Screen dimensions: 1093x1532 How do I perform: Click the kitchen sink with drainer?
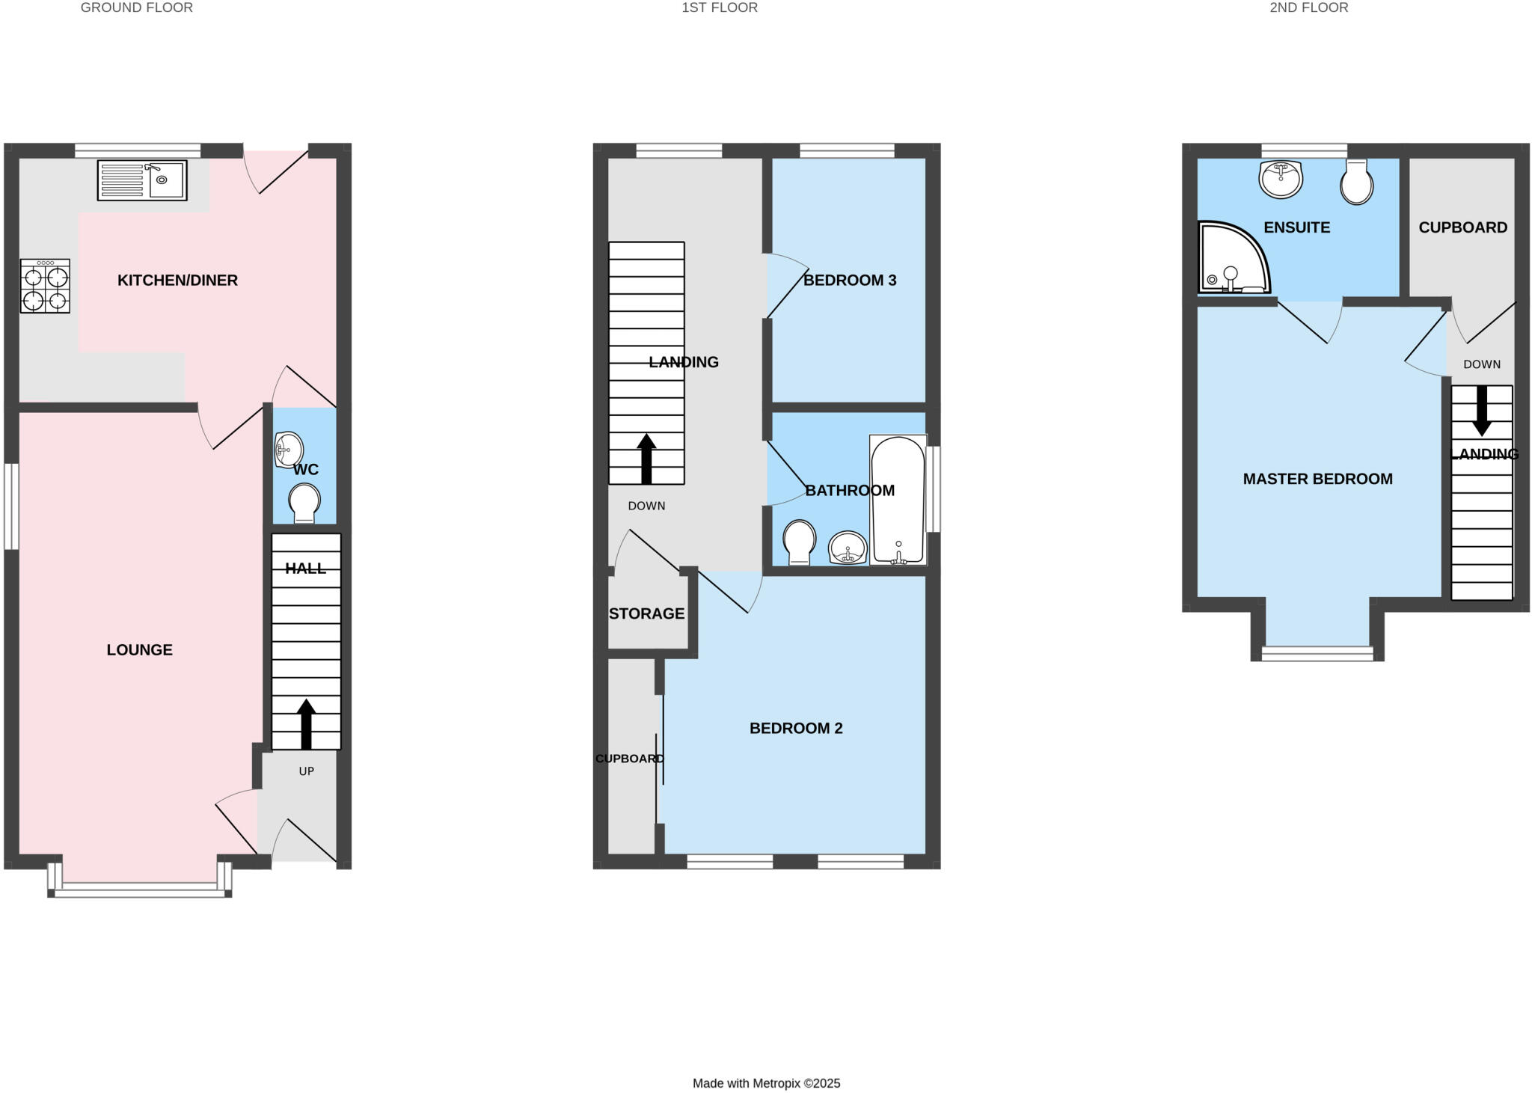pos(141,180)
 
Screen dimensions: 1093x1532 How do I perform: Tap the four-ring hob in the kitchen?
pos(45,286)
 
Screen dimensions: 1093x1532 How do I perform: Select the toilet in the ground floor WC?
pos(304,503)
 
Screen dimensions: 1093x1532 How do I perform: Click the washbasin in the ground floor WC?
pos(289,450)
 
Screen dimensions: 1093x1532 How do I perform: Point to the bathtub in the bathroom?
pos(898,499)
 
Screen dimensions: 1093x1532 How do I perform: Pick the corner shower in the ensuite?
pos(1232,257)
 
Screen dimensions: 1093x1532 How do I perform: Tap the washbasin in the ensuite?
pos(1281,179)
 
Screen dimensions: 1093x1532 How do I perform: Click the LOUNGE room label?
pos(140,650)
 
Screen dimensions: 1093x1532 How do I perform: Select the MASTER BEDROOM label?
pos(1317,479)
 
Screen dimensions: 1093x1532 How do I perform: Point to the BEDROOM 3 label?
pos(850,281)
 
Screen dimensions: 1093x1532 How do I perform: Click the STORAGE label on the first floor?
pos(646,614)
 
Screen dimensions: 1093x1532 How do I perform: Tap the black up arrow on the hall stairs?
pos(306,723)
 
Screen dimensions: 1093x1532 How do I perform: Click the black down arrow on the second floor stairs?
pos(1482,412)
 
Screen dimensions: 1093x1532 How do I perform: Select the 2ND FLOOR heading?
pos(1308,8)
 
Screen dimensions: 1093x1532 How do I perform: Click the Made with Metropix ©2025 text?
pos(766,1083)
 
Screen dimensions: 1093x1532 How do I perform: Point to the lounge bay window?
pos(140,888)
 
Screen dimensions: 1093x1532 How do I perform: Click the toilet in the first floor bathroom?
pos(799,542)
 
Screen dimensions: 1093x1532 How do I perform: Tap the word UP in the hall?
pos(307,771)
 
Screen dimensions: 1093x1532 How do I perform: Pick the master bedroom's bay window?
pos(1317,652)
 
